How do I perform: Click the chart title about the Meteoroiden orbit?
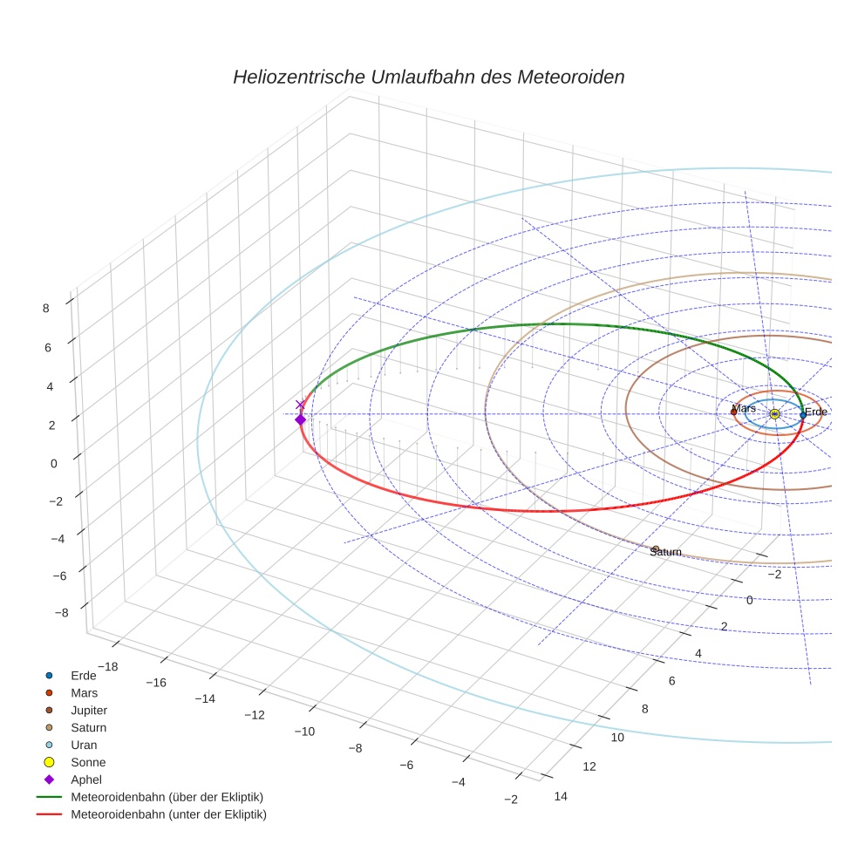click(428, 77)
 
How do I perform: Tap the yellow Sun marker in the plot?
click(774, 413)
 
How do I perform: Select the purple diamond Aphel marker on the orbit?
click(301, 419)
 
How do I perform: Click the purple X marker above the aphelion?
click(301, 405)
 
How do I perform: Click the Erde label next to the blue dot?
click(815, 412)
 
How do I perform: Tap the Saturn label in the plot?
click(665, 552)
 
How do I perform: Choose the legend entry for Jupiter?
click(89, 710)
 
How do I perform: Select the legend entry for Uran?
click(84, 745)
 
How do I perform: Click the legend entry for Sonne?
click(88, 762)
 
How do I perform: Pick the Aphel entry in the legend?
click(85, 780)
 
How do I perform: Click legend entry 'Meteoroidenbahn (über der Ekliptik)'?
click(167, 797)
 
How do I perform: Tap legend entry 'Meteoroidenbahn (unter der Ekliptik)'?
click(168, 814)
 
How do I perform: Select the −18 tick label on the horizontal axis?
click(108, 667)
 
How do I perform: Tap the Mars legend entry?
click(84, 692)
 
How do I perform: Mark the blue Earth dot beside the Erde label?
click(802, 415)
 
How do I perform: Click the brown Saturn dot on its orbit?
click(656, 548)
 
